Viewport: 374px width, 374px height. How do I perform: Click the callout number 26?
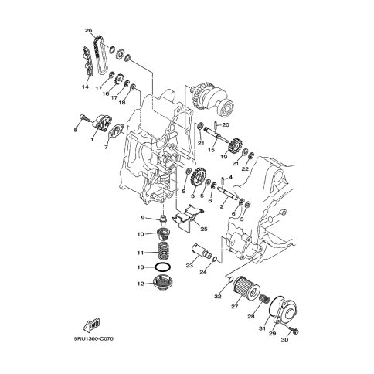(x=88, y=31)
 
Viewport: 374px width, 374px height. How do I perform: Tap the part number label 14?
(x=85, y=87)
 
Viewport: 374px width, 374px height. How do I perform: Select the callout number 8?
(x=76, y=131)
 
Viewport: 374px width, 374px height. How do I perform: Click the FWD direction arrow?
(x=91, y=325)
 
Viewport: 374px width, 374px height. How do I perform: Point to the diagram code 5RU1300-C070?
(x=93, y=338)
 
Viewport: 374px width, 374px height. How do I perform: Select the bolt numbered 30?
(x=293, y=330)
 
